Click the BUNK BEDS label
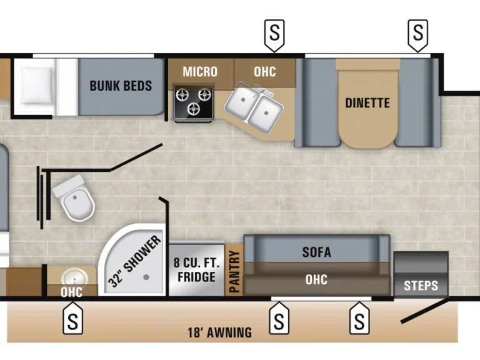(x=121, y=86)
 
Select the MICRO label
(x=200, y=71)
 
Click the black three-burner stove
(x=192, y=102)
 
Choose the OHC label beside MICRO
(x=264, y=71)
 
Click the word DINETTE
(x=367, y=103)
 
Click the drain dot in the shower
(x=146, y=276)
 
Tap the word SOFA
(x=316, y=252)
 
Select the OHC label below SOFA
(x=316, y=279)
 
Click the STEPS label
(x=421, y=286)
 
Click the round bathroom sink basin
(x=72, y=277)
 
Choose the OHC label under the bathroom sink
(x=72, y=292)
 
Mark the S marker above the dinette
(x=417, y=31)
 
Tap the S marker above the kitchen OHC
(x=274, y=31)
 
